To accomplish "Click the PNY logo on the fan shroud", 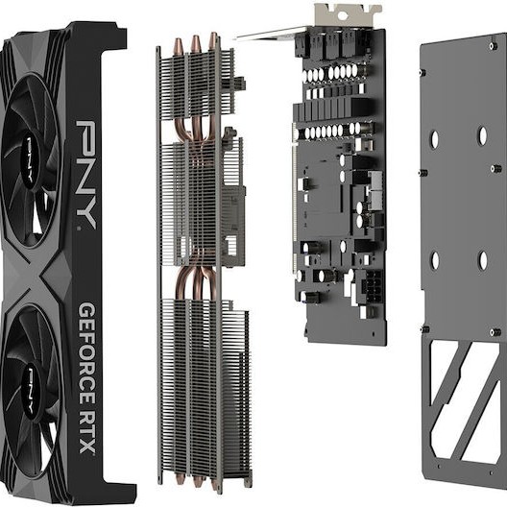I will [x=85, y=173].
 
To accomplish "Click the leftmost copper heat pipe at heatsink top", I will [x=179, y=48].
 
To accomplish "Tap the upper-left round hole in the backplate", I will [x=434, y=139].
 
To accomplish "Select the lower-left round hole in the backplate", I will [x=434, y=260].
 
